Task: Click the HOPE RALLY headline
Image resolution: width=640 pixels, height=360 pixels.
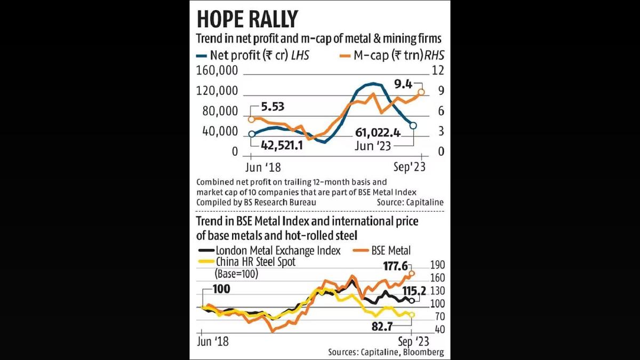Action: [x=247, y=19]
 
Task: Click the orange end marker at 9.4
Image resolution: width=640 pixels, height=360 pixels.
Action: [x=421, y=92]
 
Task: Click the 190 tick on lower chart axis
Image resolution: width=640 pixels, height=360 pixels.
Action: [x=428, y=265]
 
